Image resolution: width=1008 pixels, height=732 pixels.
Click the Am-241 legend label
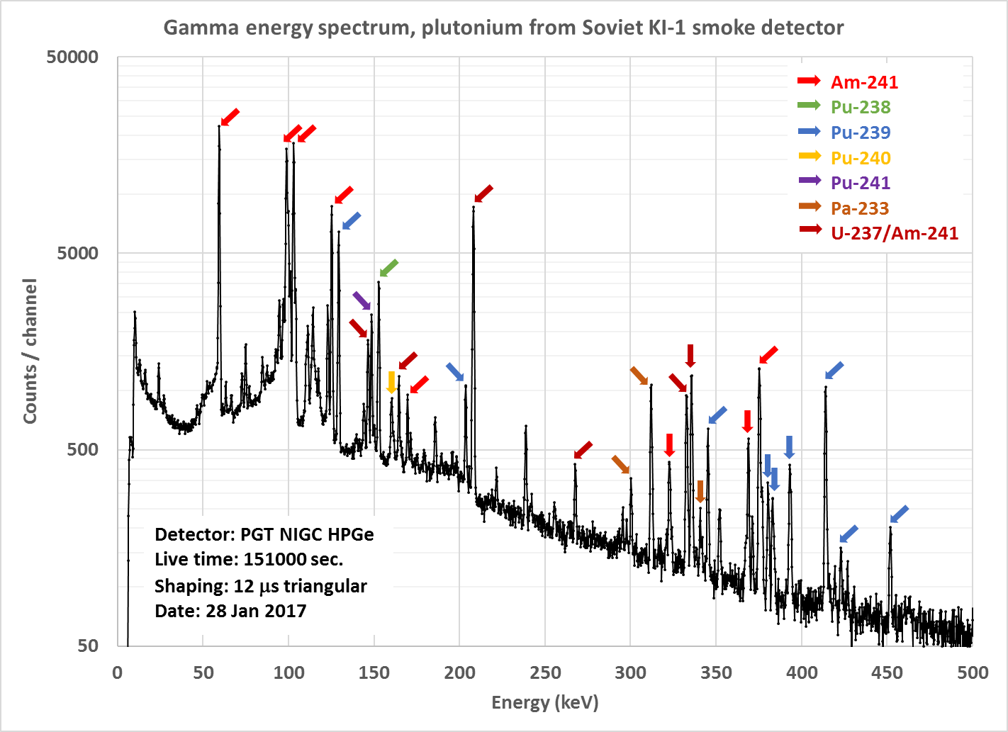[x=864, y=82]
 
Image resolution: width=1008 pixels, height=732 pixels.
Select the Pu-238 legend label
[x=861, y=108]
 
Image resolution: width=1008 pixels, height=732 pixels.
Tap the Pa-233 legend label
[x=860, y=208]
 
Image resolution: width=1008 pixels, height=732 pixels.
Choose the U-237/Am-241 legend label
[x=895, y=233]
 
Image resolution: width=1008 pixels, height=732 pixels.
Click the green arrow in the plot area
[x=389, y=268]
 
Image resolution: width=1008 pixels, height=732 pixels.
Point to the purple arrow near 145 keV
[x=362, y=301]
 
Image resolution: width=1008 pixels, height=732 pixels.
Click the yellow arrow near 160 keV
[x=391, y=382]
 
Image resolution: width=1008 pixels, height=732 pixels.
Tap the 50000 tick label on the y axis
[x=72, y=57]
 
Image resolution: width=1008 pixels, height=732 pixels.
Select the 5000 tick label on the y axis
[x=77, y=254]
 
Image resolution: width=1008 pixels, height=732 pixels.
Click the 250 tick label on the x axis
[x=545, y=672]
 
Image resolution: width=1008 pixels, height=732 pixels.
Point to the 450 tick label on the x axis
[x=887, y=672]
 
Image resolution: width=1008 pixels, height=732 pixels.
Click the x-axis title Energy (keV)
[x=545, y=702]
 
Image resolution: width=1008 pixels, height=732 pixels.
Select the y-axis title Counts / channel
[x=30, y=351]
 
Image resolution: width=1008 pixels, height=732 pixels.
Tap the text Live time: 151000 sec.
[x=249, y=560]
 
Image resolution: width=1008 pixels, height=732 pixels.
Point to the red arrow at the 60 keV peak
[x=230, y=117]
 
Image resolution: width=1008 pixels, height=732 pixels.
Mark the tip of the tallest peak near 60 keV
[x=219, y=127]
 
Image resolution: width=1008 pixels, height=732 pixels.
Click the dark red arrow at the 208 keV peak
[x=483, y=193]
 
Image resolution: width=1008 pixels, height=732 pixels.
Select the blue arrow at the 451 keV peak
[x=899, y=514]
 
